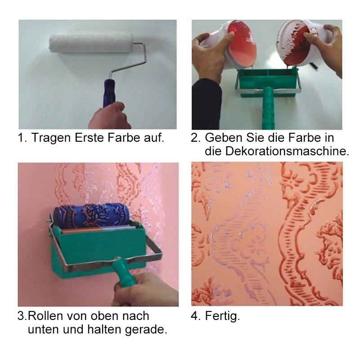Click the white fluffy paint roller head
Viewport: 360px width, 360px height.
pyautogui.click(x=91, y=44)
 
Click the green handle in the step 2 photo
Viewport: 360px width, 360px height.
pyautogui.click(x=269, y=108)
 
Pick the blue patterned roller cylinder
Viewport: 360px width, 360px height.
pyautogui.click(x=91, y=216)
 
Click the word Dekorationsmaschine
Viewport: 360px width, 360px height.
pyautogui.click(x=287, y=151)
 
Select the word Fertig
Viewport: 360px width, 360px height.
pyautogui.click(x=222, y=316)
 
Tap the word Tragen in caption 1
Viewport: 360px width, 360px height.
pyautogui.click(x=51, y=138)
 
